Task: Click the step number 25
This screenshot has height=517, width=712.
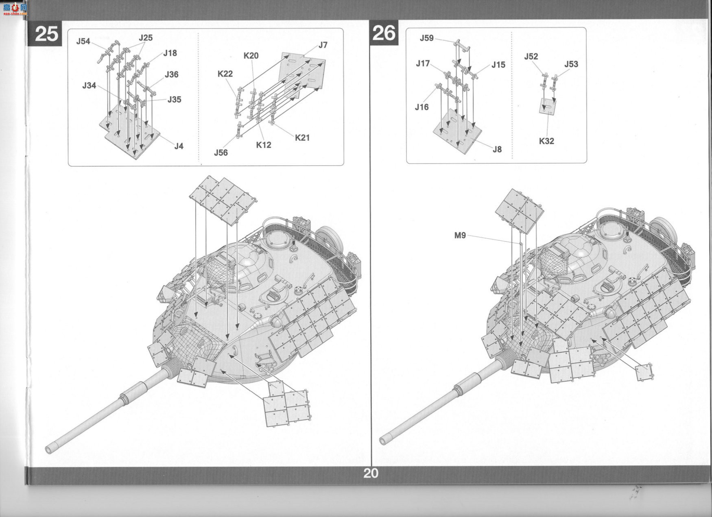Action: tap(46, 34)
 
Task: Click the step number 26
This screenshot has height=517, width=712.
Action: tap(384, 33)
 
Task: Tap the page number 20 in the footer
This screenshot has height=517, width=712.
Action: tap(371, 473)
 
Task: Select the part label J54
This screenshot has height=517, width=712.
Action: tap(83, 41)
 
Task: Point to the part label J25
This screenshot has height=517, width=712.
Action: tap(145, 38)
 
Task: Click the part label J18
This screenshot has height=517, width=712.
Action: tap(170, 53)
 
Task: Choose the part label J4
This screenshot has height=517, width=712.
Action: tap(179, 146)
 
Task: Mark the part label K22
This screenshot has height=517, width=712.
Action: tap(225, 74)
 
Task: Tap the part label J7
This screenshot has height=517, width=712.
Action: tap(323, 45)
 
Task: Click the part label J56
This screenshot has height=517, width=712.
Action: tap(221, 153)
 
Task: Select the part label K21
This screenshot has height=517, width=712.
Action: tap(302, 137)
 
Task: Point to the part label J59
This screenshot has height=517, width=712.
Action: tap(427, 38)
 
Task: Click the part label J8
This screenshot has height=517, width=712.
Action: tap(497, 149)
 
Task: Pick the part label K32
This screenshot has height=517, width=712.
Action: tap(546, 141)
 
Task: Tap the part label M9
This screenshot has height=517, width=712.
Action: tap(460, 235)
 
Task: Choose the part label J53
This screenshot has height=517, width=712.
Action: tap(571, 64)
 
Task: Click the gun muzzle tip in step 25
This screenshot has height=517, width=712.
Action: tap(48, 449)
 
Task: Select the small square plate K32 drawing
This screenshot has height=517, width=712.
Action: tap(548, 106)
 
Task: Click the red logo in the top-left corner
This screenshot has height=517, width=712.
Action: tap(15, 9)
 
